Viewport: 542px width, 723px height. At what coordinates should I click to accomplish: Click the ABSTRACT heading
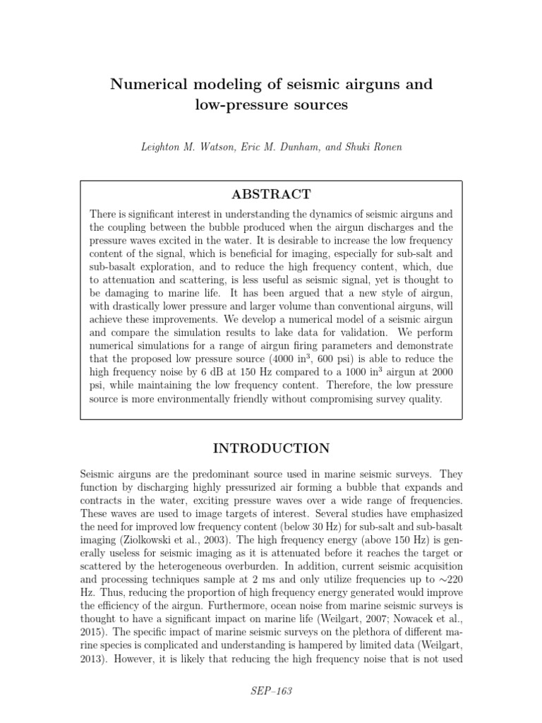(x=271, y=195)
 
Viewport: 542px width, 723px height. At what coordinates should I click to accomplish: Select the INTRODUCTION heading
(x=271, y=449)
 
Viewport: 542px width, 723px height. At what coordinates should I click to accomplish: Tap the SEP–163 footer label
(x=271, y=691)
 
